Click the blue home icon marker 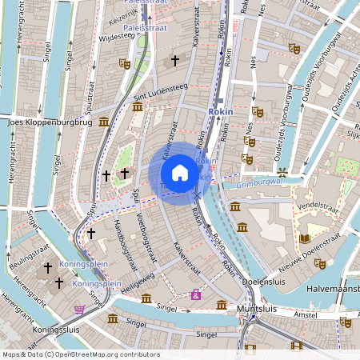click(180, 173)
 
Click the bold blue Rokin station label click(220, 112)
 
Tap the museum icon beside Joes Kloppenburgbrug click(105, 122)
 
